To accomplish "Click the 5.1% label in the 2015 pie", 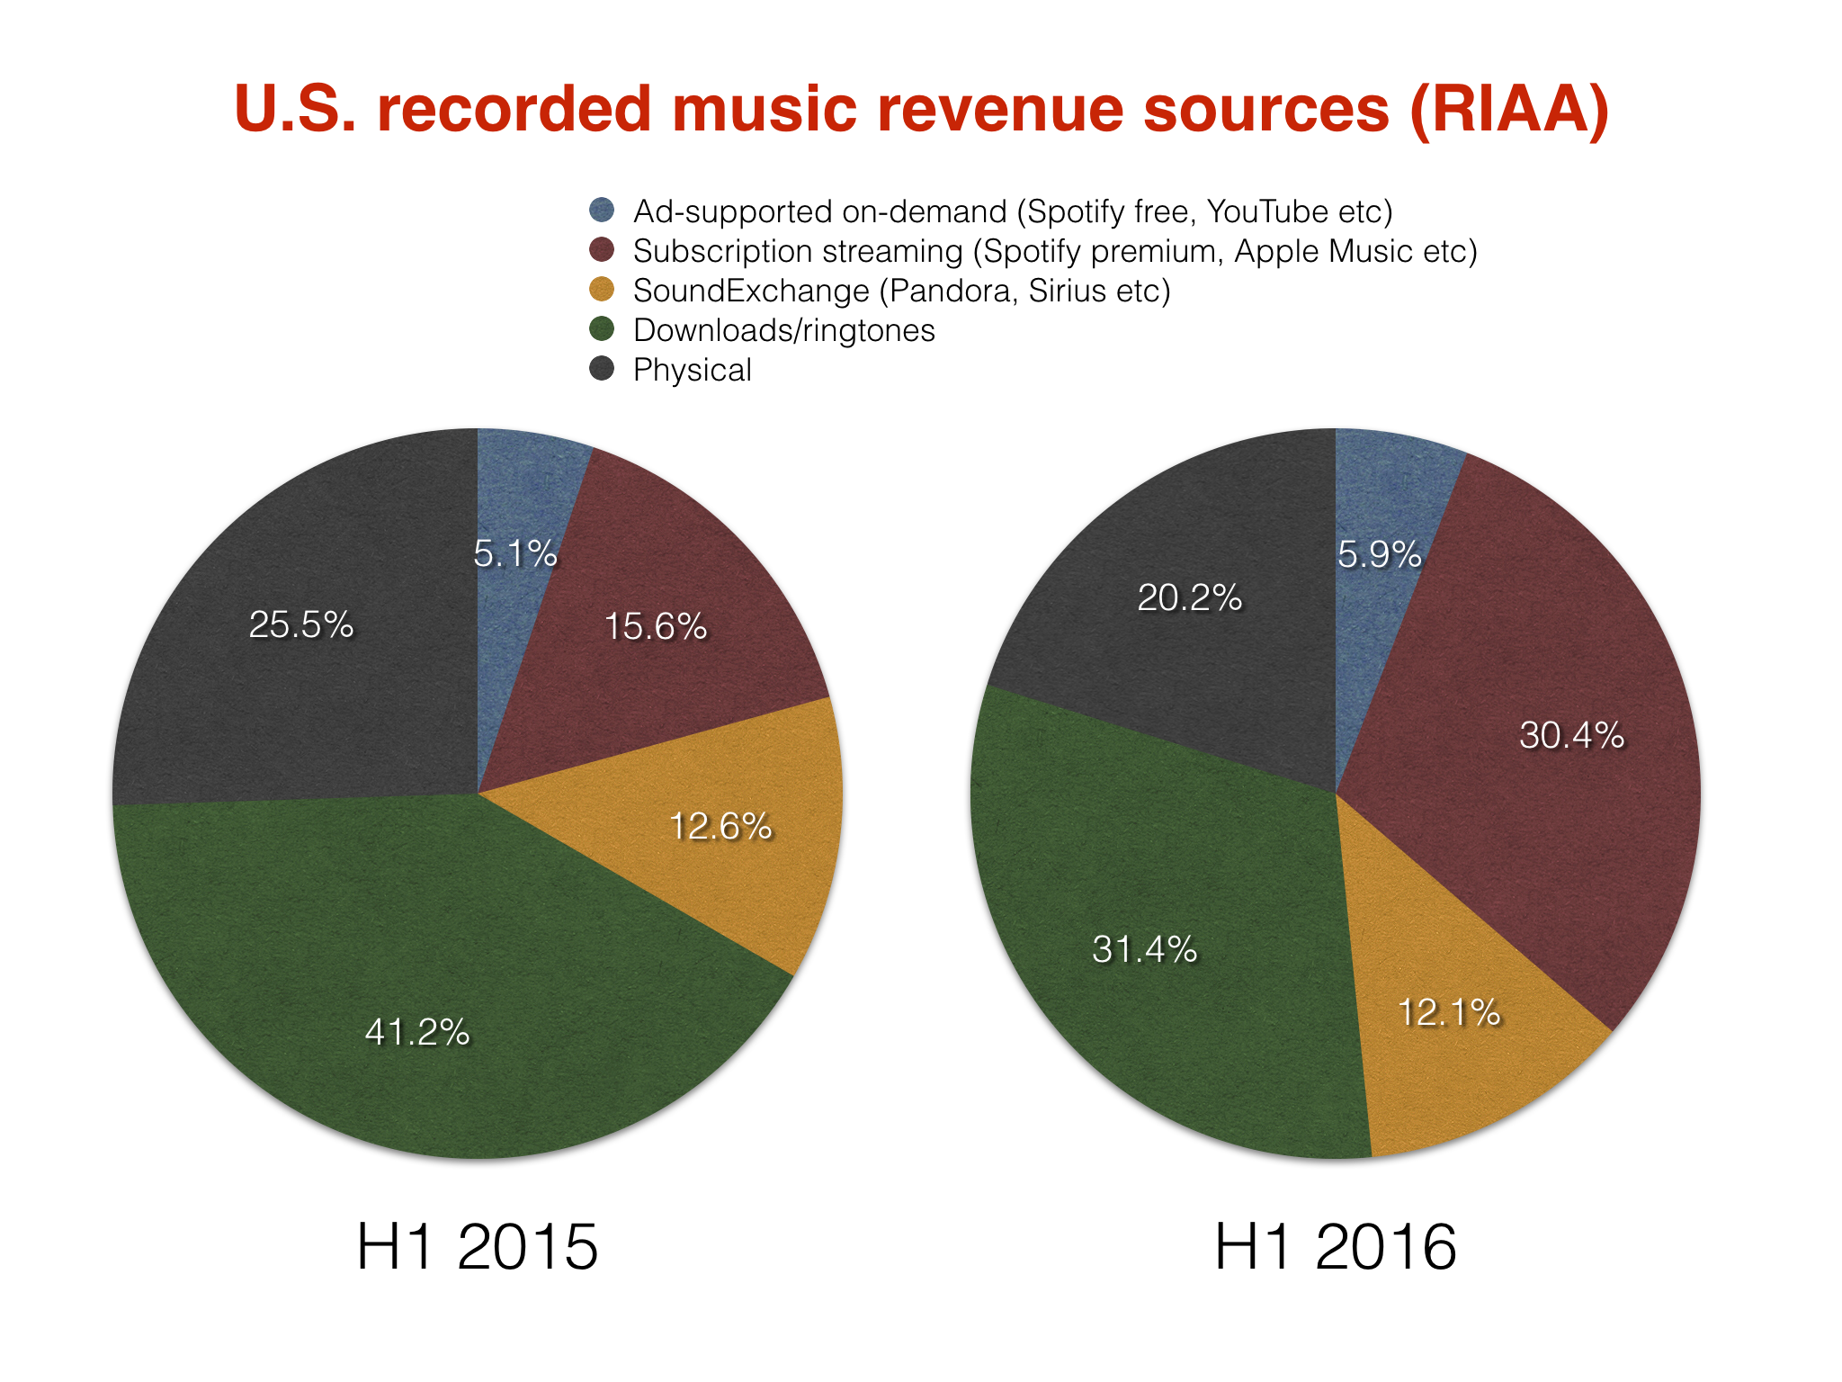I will coord(515,554).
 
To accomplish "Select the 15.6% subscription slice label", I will coord(656,626).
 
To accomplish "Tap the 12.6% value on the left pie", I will coord(720,826).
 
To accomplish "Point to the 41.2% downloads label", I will coord(417,1032).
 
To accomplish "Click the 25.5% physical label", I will coord(301,624).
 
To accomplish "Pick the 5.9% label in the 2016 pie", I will coord(1379,554).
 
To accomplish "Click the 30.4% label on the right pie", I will coord(1572,736).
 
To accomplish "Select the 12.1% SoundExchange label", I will coord(1449,1013).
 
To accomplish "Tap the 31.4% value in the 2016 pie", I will coord(1145,949).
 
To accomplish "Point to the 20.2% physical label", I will coord(1190,597).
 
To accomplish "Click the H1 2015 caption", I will coord(477,1247).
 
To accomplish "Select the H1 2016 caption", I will coord(1336,1247).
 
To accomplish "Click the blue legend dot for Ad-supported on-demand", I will coord(602,211).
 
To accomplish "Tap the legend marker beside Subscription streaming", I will coord(602,250).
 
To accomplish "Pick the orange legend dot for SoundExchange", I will coord(602,290).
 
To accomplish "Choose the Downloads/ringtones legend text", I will coord(783,330).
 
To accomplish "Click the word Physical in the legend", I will coord(692,370).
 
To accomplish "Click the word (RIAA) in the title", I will coord(1509,110).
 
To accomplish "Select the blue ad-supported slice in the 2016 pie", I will coord(1385,486).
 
